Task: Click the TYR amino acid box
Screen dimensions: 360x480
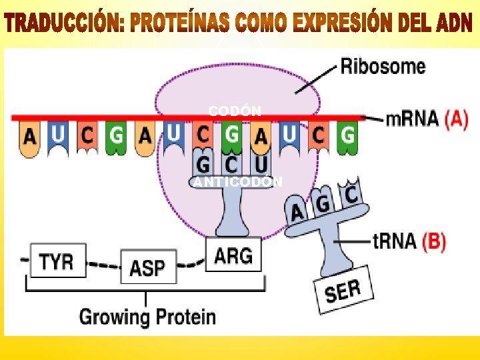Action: point(57,260)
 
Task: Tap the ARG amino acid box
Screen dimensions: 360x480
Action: point(233,254)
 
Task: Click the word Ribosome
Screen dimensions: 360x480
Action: point(383,66)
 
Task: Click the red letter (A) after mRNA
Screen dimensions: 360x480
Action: point(456,119)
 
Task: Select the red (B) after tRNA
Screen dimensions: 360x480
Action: point(433,241)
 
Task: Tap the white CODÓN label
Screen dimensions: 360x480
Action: point(235,110)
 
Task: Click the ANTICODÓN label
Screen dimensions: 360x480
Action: point(238,182)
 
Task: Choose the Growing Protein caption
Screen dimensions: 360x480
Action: point(147,316)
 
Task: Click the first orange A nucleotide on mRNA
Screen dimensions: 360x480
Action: point(29,137)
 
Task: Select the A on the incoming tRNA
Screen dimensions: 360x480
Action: point(297,212)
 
